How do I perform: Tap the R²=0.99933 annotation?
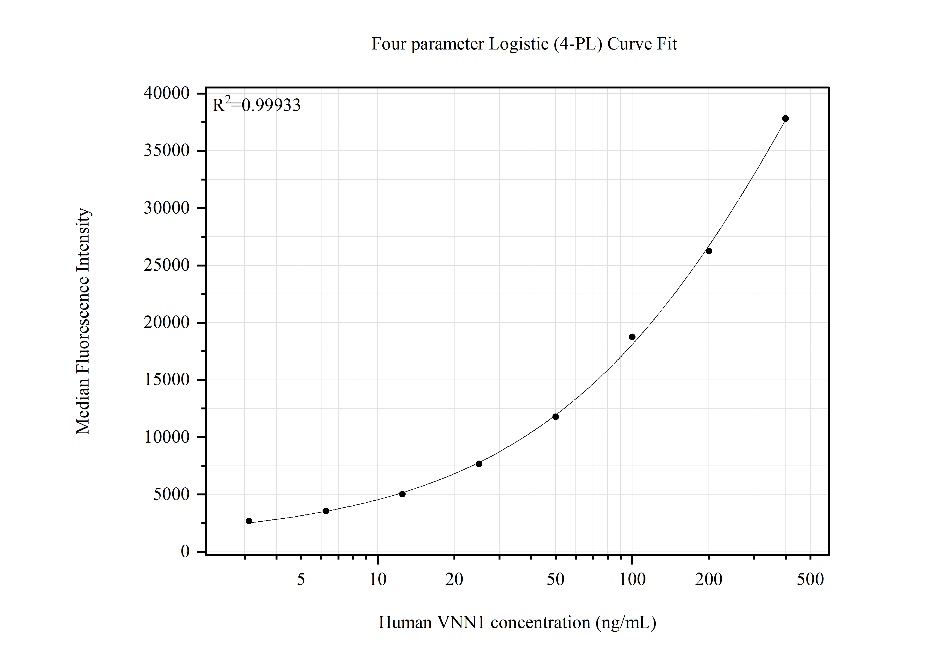[x=256, y=105]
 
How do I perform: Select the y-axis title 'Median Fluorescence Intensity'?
[x=83, y=321]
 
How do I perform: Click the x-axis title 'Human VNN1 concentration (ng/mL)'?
[x=517, y=623]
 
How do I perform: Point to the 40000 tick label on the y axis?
[x=166, y=93]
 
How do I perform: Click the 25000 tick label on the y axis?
[x=166, y=265]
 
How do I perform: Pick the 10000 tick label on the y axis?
[x=166, y=437]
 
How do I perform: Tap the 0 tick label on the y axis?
[x=185, y=551]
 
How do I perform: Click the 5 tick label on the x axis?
[x=301, y=580]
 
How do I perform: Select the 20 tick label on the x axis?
[x=454, y=580]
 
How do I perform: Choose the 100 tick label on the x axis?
[x=632, y=580]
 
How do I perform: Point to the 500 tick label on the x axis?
[x=810, y=580]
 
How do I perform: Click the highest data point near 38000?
[x=785, y=119]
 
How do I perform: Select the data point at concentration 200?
[x=709, y=251]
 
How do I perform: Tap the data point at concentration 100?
[x=632, y=337]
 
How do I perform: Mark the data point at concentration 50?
[x=556, y=417]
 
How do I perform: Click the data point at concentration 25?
[x=479, y=464]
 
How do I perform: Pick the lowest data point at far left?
[x=249, y=521]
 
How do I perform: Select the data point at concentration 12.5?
[x=402, y=494]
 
